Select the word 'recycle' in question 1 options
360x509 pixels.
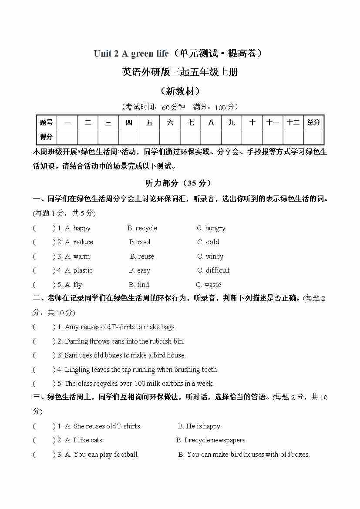146,228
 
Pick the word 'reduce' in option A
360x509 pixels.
83,242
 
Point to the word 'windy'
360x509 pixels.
214,256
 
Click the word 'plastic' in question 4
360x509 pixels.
83,270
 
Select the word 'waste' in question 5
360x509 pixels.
212,285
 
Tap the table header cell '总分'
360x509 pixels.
313,122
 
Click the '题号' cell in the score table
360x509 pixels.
46,122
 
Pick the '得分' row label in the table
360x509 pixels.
46,137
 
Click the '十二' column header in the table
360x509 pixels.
293,122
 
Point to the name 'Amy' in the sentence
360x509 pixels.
72,327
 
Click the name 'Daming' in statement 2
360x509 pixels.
76,341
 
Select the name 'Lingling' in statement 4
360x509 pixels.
77,370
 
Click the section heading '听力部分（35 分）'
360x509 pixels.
180,183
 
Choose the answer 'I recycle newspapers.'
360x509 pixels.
215,440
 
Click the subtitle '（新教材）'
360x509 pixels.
180,91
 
